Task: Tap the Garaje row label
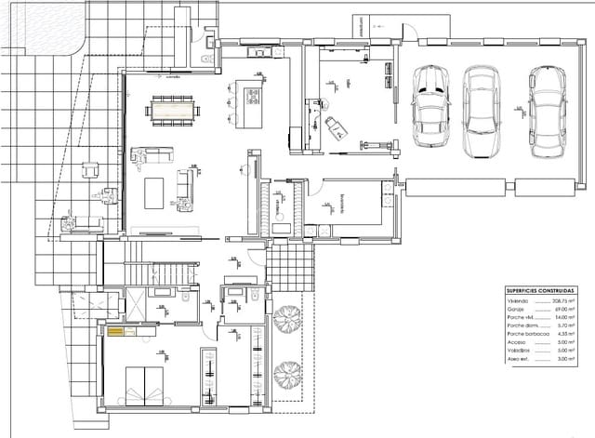click(517, 311)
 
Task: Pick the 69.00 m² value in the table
click(563, 311)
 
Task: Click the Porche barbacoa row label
click(526, 334)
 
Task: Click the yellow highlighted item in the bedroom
click(116, 331)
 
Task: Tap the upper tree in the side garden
click(288, 313)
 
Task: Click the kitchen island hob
click(249, 91)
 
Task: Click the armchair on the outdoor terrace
click(91, 170)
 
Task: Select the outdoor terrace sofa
click(79, 221)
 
